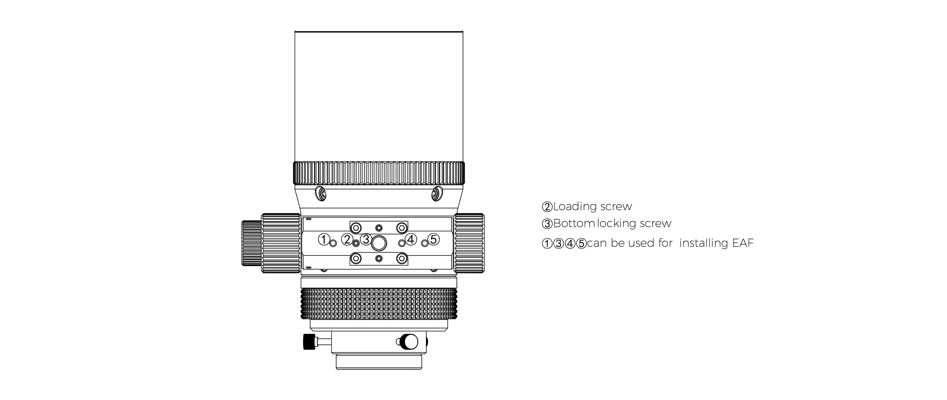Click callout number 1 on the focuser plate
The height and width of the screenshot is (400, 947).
coord(324,239)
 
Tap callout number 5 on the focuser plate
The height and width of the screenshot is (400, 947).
coord(434,239)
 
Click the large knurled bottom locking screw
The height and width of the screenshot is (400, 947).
coord(379,243)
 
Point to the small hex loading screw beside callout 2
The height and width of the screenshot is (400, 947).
coord(356,243)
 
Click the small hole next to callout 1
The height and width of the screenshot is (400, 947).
coord(333,243)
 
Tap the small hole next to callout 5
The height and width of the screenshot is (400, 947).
coord(425,243)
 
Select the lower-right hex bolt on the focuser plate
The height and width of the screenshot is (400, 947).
coord(402,259)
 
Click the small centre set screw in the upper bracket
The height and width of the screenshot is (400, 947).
coord(379,227)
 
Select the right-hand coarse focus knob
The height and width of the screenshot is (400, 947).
coord(469,243)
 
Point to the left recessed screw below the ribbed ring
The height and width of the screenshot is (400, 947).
coord(321,193)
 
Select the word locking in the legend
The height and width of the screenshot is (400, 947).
coord(617,224)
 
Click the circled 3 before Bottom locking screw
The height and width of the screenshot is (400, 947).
coord(547,224)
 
